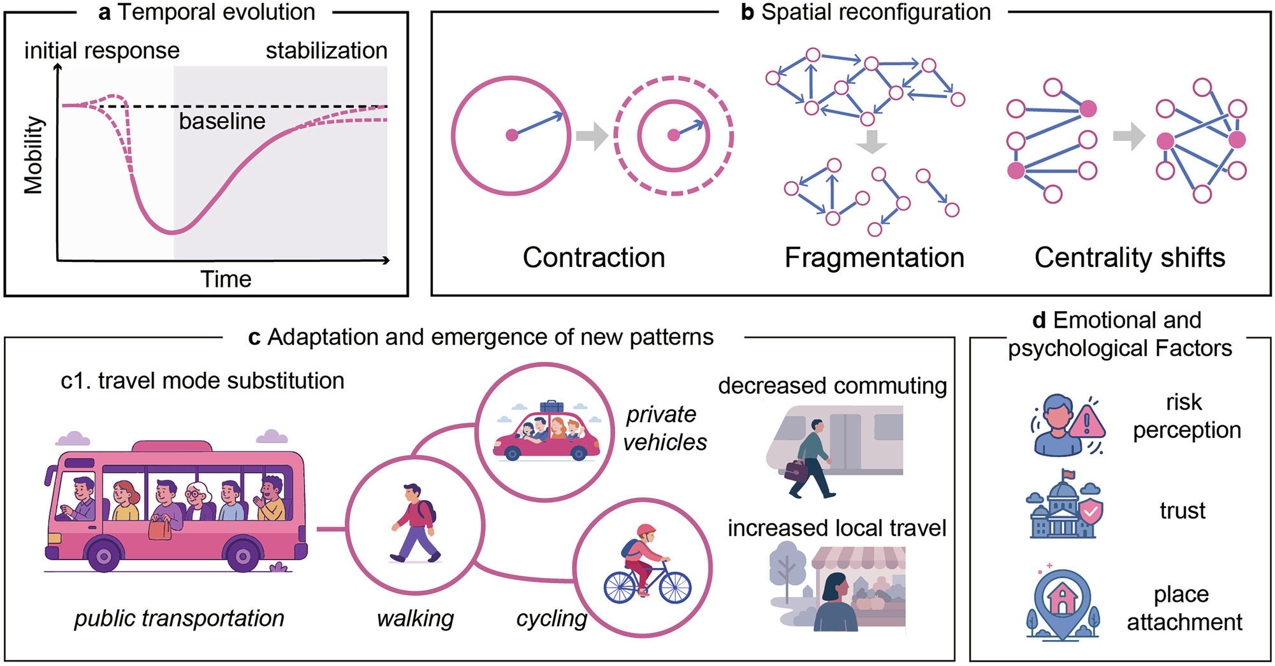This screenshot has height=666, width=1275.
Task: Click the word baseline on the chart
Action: tap(222, 121)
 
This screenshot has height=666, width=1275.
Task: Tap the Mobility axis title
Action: tap(33, 155)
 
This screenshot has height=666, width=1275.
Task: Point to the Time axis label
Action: tap(226, 279)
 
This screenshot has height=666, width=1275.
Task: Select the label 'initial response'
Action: tap(102, 50)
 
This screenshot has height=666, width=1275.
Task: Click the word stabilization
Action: tap(326, 50)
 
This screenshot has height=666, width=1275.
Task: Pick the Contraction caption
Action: tap(594, 257)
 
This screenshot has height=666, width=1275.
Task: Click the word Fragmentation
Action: tap(874, 257)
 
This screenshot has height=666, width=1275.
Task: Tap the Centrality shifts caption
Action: tap(1130, 257)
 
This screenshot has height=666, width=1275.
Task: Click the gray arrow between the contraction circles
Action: tap(592, 136)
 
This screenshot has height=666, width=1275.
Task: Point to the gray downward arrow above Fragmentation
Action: tap(871, 141)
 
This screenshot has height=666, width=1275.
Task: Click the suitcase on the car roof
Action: tap(551, 407)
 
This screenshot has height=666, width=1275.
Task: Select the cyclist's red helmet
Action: tap(646, 530)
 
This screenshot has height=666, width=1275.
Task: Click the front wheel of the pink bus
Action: tap(104, 556)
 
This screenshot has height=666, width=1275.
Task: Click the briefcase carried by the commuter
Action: tap(796, 470)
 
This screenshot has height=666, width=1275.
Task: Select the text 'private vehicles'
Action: tap(664, 428)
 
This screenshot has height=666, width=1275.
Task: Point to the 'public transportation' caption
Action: tap(179, 618)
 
